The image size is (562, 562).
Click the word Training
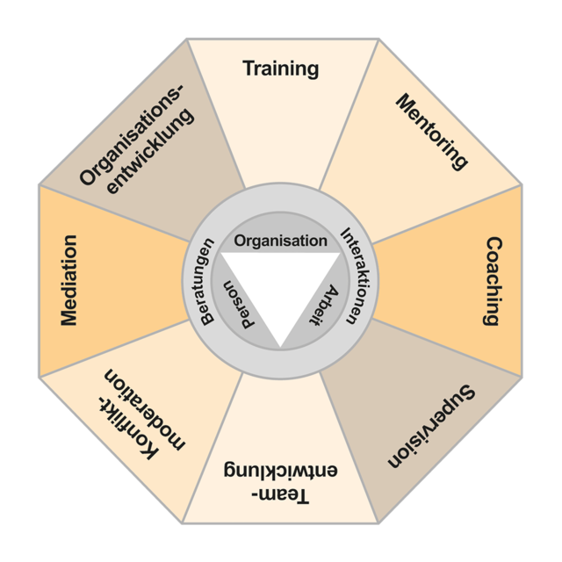(x=281, y=68)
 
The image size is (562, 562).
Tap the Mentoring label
(x=432, y=132)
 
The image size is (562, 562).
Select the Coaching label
(x=494, y=281)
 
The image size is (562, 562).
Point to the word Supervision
(x=431, y=426)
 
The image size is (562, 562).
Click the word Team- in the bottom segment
(x=280, y=496)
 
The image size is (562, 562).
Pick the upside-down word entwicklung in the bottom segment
(x=280, y=469)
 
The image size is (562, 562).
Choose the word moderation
(x=145, y=409)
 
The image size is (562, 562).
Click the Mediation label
(x=68, y=280)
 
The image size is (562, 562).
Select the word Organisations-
(x=131, y=135)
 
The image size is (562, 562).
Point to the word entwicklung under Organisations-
(x=152, y=151)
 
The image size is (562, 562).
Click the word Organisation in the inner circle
(x=281, y=241)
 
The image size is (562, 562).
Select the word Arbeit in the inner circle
(x=324, y=306)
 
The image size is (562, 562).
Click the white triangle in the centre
(x=280, y=283)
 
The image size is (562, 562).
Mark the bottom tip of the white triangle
(x=280, y=348)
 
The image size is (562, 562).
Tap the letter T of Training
(x=249, y=68)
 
